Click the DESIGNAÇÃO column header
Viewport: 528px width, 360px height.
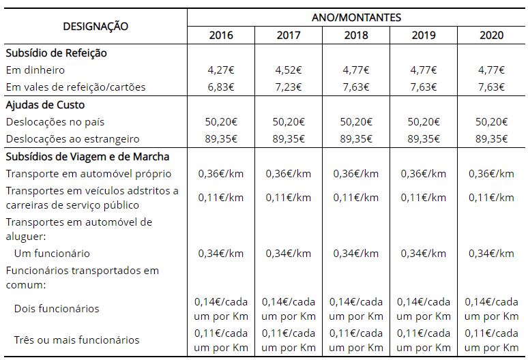coord(96,26)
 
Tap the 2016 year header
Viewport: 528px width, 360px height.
coord(221,35)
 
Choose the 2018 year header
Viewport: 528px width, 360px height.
coord(356,35)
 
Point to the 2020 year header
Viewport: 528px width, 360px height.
coord(491,35)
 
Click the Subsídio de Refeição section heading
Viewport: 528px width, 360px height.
coord(56,52)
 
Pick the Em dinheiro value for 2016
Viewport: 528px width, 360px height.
coord(221,70)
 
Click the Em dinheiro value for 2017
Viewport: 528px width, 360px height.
coord(289,70)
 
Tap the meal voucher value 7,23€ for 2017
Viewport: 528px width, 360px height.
coord(289,87)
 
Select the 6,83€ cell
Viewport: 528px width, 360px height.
coord(221,87)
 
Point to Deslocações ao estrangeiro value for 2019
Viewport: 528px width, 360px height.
coord(424,138)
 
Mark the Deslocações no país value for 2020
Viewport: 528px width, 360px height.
coord(491,121)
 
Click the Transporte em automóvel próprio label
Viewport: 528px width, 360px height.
coord(89,174)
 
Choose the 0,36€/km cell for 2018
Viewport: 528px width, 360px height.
coord(356,174)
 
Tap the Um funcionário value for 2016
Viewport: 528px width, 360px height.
coord(221,254)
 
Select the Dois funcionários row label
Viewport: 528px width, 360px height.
coord(57,309)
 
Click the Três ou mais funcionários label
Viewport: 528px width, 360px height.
coord(76,340)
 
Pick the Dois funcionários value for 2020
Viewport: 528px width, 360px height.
coord(491,309)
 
